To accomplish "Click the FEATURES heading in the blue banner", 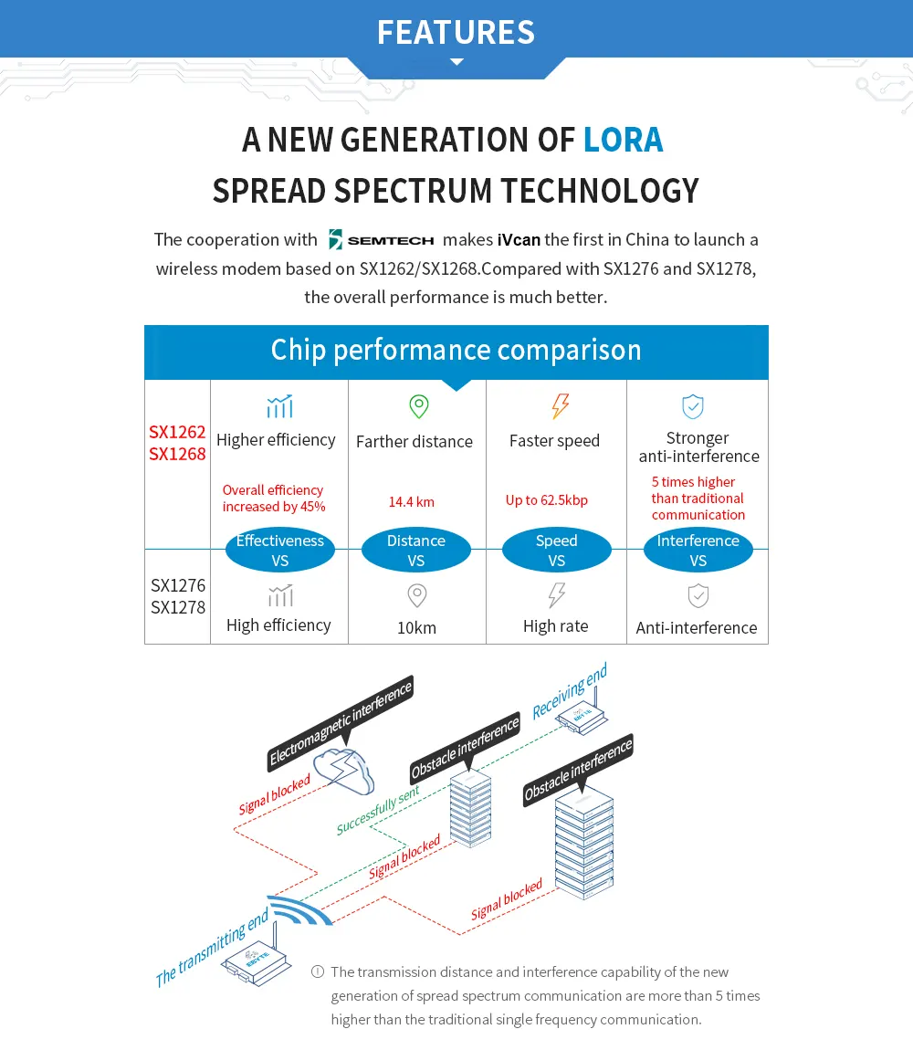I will pos(456,32).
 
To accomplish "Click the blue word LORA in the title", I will pos(623,140).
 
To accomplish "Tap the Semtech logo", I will pos(381,240).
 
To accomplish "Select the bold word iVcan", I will pos(519,240).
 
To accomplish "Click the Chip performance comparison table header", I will pos(456,351).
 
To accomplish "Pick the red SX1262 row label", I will pos(177,432).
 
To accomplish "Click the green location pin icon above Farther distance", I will pos(418,406).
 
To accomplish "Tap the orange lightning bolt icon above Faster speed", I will pos(560,406).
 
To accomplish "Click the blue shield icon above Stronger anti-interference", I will pos(693,406).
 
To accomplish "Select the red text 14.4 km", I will pos(412,501).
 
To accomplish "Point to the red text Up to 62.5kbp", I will pos(547,500).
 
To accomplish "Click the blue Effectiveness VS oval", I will pos(279,551).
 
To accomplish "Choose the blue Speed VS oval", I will pos(556,551).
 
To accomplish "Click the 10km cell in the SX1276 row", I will pos(416,627).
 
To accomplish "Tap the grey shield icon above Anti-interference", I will pos(698,596).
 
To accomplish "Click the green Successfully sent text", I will pos(377,811).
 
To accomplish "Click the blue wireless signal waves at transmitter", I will pos(300,910).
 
